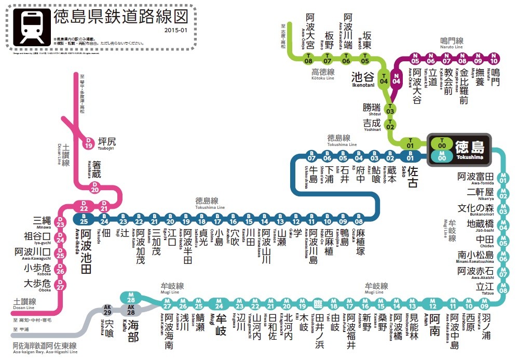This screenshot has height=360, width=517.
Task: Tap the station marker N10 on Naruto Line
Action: coord(494,58)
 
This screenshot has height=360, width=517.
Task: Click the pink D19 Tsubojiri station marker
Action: coord(89,143)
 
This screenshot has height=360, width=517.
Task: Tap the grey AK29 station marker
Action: coord(108,311)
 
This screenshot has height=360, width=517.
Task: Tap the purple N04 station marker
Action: coord(397,79)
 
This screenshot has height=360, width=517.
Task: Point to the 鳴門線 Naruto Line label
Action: coord(452,41)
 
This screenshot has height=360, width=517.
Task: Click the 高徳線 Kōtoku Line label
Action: coord(322,73)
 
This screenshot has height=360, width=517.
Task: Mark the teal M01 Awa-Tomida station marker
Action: coord(502,177)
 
